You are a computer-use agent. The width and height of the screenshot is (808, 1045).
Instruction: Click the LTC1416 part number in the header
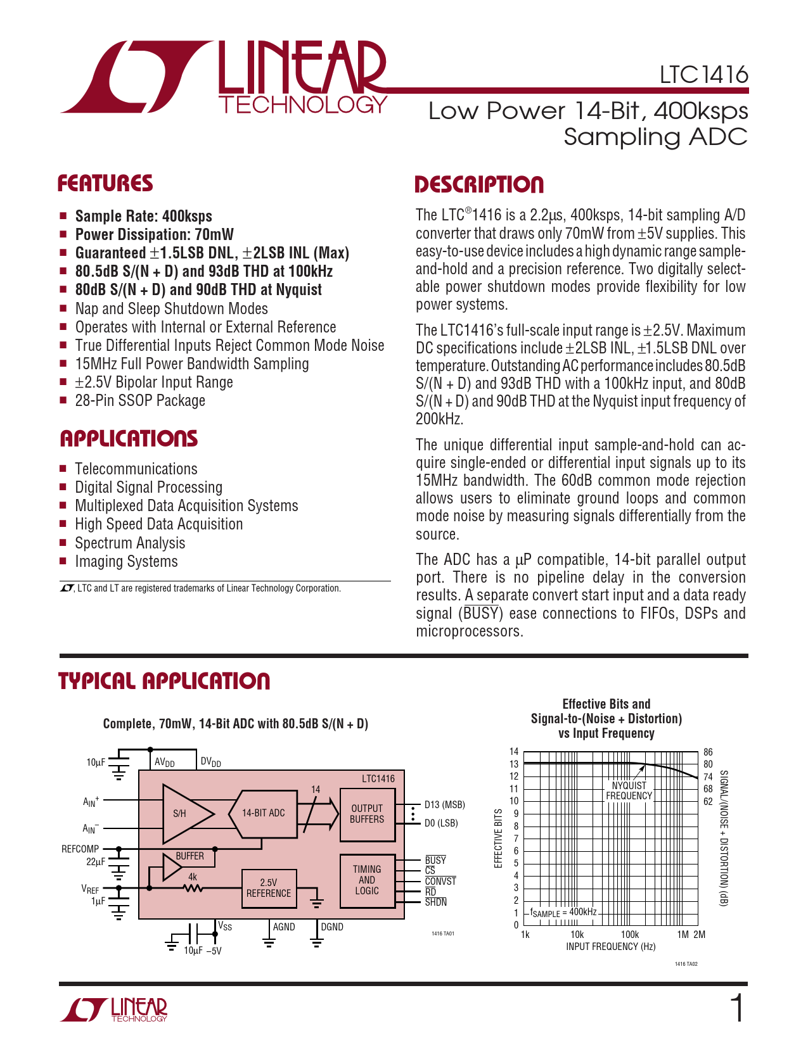703,75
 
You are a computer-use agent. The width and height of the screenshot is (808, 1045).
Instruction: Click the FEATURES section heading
105,184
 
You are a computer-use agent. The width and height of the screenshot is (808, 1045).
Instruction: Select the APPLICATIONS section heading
129,439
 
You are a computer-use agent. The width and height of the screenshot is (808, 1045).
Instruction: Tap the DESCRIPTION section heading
479,185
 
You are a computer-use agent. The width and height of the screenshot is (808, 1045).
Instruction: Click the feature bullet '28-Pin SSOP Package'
140,401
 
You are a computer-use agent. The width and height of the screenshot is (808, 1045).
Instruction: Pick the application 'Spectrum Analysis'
130,543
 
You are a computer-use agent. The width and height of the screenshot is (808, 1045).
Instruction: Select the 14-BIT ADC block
264,813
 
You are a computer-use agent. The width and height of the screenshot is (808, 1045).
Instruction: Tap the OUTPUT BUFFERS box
367,814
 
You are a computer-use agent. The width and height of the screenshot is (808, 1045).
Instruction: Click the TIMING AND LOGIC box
367,880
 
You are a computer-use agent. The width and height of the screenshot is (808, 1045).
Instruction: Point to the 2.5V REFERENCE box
269,888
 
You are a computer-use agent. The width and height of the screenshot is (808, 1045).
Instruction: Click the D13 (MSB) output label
444,805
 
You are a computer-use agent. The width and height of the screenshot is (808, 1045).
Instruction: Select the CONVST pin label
440,882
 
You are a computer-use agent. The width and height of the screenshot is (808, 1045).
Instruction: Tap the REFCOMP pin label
80,849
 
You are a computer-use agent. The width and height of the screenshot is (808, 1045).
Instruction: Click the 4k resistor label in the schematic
193,877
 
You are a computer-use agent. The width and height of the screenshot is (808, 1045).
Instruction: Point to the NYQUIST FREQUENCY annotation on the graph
629,791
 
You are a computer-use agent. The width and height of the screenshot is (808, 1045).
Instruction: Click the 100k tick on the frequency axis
629,935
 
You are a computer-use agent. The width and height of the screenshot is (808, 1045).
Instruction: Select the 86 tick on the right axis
708,752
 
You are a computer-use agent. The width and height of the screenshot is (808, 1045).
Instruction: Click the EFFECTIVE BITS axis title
498,839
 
